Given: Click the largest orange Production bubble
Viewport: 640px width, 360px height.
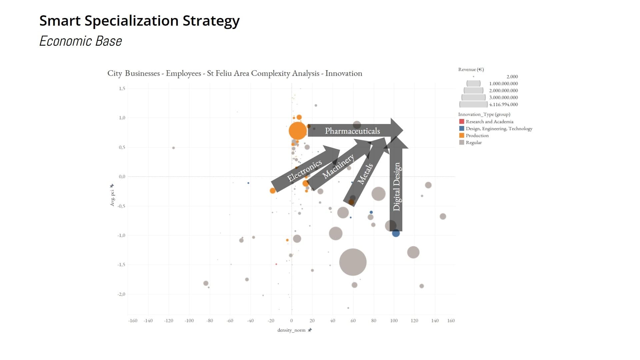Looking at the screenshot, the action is click(298, 131).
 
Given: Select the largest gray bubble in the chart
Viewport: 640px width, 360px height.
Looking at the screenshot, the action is click(353, 262).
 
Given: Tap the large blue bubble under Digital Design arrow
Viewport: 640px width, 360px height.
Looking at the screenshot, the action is click(396, 233).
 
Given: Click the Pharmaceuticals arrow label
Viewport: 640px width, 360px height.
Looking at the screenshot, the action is click(352, 131).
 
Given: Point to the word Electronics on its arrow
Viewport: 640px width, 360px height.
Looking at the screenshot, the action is click(304, 170).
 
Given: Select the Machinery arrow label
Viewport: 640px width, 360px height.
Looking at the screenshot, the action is click(338, 166).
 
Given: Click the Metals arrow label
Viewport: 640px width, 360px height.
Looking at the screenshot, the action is click(365, 174).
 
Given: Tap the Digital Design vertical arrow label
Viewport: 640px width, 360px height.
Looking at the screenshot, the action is click(396, 187).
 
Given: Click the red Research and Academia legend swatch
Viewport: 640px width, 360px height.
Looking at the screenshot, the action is click(462, 122).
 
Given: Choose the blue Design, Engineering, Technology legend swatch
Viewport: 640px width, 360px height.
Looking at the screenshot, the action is click(462, 128).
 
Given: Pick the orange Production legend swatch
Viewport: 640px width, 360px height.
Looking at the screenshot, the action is click(462, 135).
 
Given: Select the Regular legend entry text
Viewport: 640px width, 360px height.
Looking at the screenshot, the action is click(474, 142).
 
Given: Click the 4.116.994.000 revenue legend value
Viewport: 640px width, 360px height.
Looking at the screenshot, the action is click(503, 104).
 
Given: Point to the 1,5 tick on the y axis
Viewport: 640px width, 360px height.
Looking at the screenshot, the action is click(122, 88).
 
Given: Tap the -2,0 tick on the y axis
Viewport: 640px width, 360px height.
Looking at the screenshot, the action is click(121, 294).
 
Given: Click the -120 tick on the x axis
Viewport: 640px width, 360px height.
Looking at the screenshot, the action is click(169, 321).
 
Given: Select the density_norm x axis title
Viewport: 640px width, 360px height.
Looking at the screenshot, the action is click(291, 330).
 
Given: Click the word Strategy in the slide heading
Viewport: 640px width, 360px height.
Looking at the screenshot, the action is click(211, 21).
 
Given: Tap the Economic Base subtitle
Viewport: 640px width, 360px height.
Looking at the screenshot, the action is click(81, 41).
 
